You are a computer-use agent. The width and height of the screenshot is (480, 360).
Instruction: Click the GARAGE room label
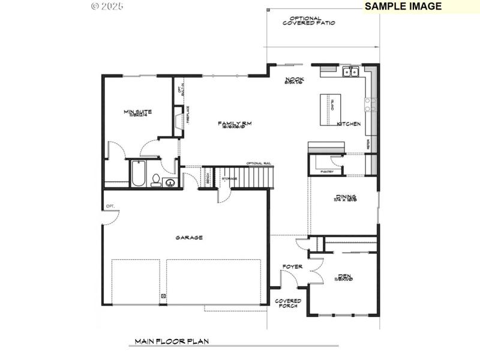(x=189, y=238)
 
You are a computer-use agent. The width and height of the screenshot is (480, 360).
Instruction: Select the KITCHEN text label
(x=348, y=124)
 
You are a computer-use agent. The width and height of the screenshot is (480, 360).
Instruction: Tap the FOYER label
(x=292, y=266)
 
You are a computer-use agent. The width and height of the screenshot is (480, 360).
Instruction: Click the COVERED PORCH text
(x=288, y=304)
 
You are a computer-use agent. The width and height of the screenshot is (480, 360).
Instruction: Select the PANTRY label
(x=327, y=172)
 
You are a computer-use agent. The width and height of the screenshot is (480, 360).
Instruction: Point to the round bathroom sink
(x=170, y=182)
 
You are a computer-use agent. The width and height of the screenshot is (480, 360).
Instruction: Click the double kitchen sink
(x=350, y=73)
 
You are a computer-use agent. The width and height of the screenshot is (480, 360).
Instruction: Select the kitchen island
(x=329, y=110)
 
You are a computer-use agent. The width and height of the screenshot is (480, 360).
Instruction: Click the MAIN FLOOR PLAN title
(x=171, y=341)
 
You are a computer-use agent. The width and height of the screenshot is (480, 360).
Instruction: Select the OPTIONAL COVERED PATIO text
(x=308, y=20)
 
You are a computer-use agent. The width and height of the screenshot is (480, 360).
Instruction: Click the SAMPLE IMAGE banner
(x=403, y=7)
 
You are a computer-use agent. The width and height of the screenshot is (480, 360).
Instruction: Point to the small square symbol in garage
(x=163, y=296)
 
